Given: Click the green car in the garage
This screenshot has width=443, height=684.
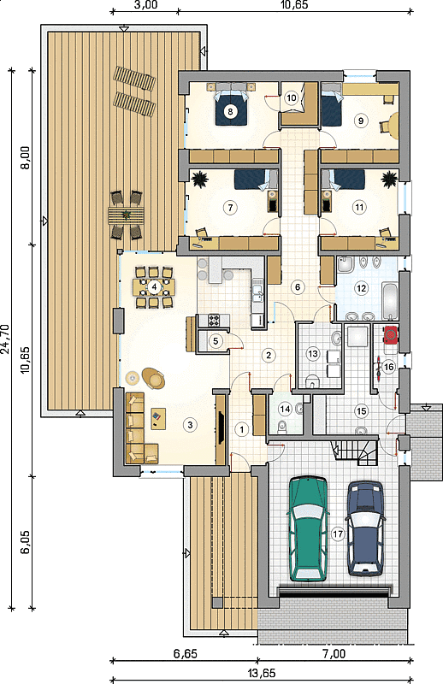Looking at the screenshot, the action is (x=308, y=528).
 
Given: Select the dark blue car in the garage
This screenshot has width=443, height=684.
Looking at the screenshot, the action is (x=365, y=528).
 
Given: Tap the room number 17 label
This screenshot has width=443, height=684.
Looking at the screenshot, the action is (x=338, y=534).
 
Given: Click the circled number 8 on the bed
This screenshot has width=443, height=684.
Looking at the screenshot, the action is (x=230, y=111).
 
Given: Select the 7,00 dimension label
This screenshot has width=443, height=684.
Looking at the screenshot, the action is (x=334, y=653).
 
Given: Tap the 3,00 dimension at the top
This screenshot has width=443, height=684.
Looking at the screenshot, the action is (x=145, y=5).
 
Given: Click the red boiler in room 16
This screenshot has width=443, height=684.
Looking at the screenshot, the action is (x=391, y=334).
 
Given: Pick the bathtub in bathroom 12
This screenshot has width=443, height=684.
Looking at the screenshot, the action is (x=390, y=302).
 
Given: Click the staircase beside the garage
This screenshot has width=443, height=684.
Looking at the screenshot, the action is (x=355, y=453).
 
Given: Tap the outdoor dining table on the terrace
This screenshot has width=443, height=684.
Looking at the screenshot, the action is (x=126, y=215).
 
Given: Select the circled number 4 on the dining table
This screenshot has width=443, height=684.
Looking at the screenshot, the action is (x=153, y=286).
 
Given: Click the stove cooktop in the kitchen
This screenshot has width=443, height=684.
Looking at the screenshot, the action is (x=214, y=321).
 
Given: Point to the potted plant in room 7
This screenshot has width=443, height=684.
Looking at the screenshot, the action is (x=200, y=179).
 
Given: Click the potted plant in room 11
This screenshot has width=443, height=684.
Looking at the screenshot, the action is (x=389, y=179).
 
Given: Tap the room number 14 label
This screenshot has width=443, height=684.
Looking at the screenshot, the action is (x=285, y=409).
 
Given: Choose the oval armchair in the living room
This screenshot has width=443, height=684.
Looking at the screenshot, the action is (x=153, y=378).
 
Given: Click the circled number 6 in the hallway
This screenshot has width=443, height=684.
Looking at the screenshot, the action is (x=298, y=286).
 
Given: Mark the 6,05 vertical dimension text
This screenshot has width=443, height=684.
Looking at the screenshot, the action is (x=26, y=542).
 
